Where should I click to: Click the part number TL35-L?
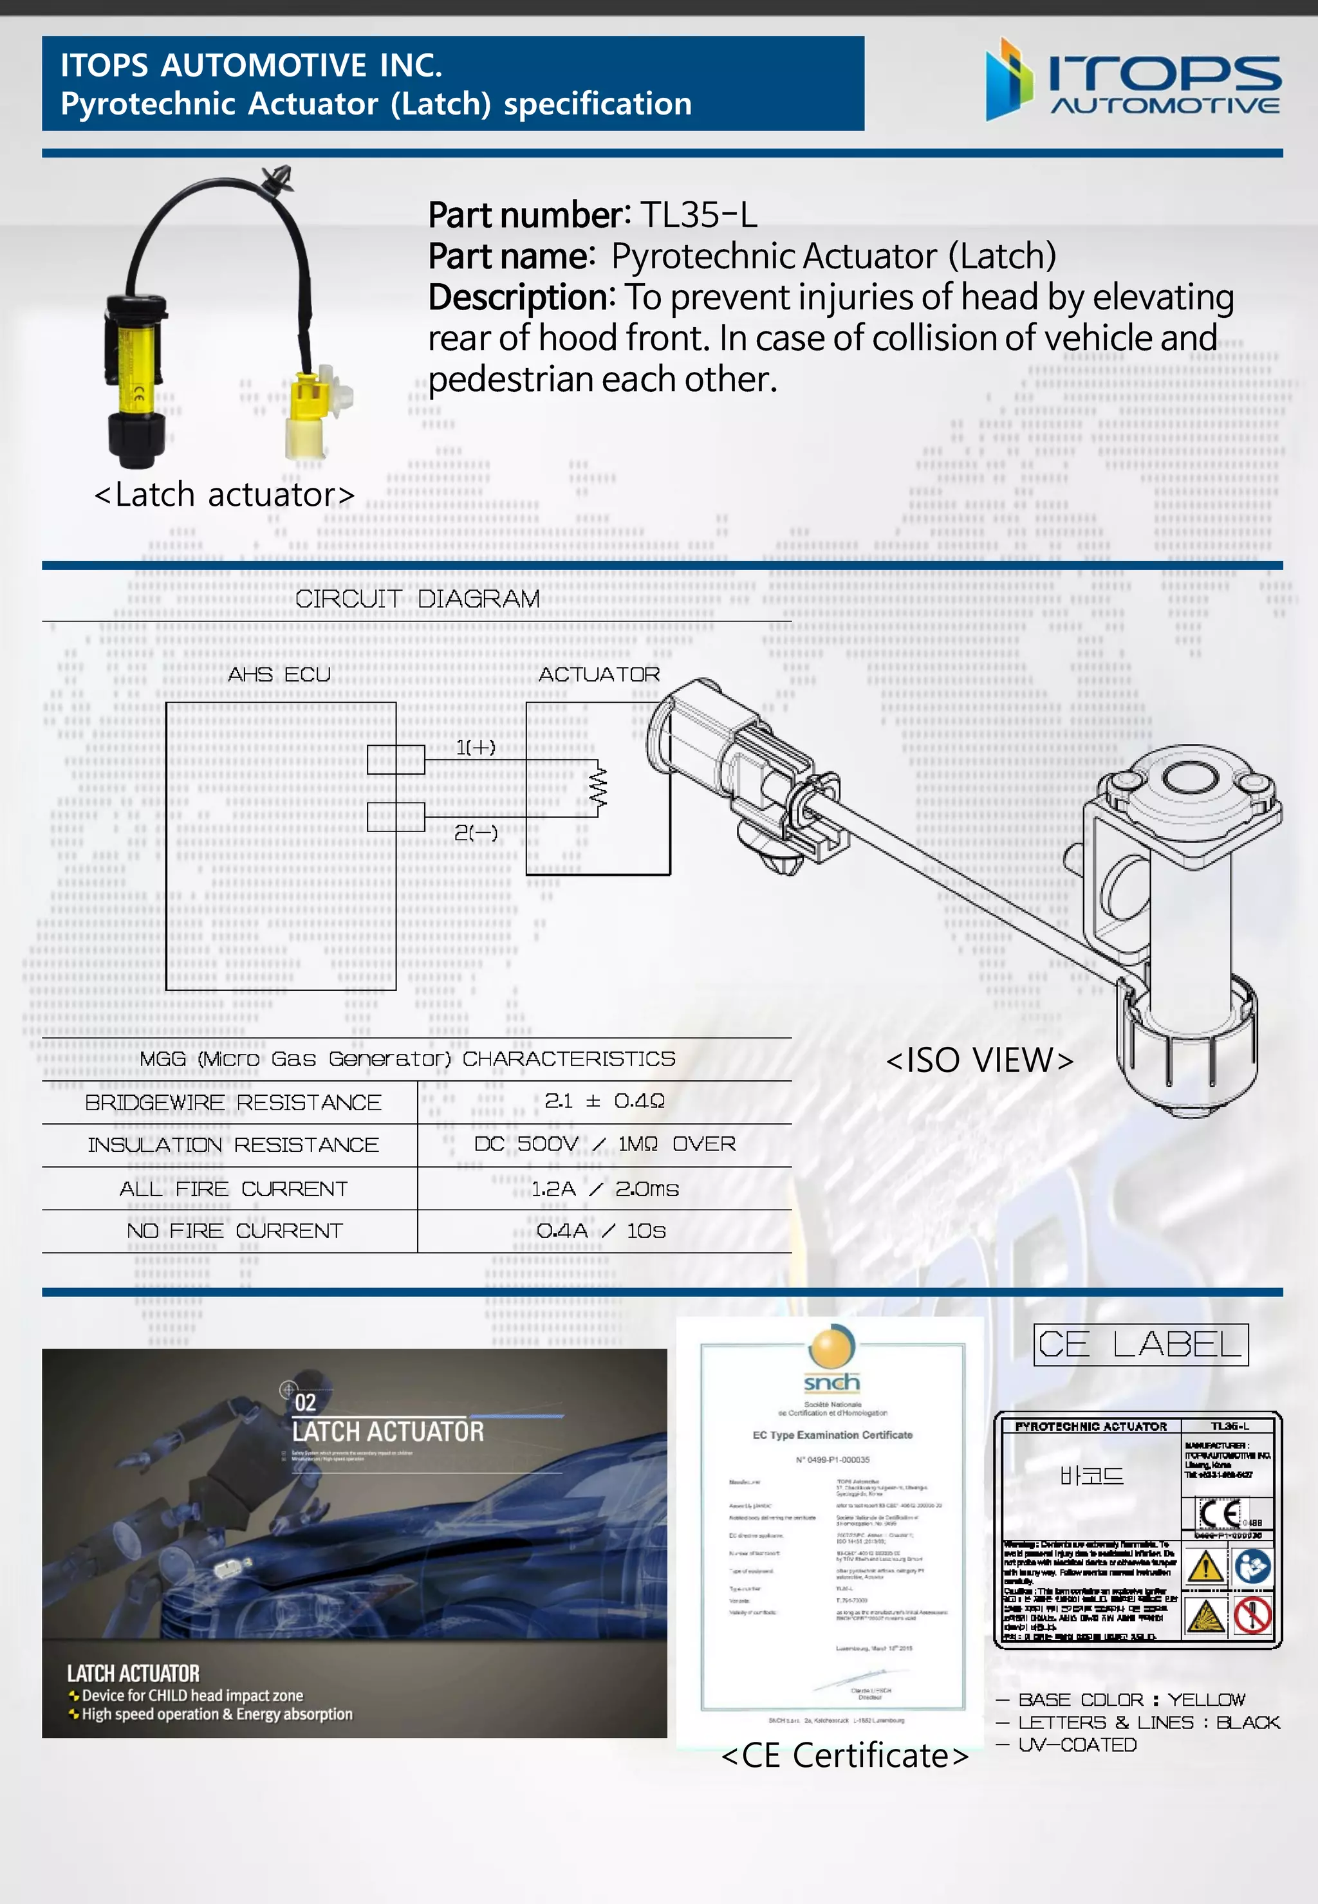coord(698,215)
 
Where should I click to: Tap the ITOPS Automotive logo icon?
coord(1008,80)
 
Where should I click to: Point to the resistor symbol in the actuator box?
coord(598,788)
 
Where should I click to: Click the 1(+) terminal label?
coord(476,747)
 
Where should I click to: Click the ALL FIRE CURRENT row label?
coord(233,1189)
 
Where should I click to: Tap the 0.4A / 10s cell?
coord(600,1231)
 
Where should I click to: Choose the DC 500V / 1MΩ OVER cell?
coord(604,1144)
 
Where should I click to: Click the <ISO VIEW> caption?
coord(979,1060)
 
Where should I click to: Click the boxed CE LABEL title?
coord(1140,1344)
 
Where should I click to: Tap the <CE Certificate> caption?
coord(844,1755)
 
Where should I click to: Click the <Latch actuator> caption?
coord(224,495)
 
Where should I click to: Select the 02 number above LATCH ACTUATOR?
coord(305,1403)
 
